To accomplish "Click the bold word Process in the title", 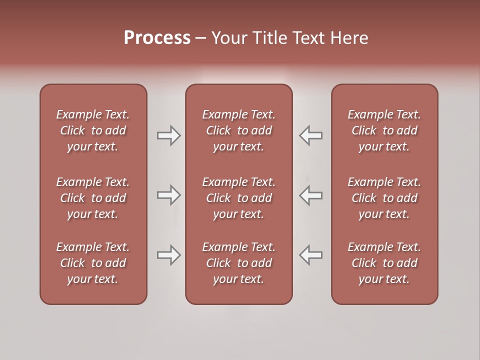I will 157,38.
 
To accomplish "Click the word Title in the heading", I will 269,38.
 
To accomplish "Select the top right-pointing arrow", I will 169,135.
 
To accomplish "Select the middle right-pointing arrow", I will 169,195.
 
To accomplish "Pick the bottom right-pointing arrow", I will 169,255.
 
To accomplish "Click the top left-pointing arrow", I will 311,135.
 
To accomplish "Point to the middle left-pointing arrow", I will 311,195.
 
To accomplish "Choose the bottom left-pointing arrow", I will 311,255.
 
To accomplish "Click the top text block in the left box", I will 93,130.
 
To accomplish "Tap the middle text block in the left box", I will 93,198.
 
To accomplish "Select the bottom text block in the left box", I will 93,263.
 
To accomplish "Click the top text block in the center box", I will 239,130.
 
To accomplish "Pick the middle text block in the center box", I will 239,198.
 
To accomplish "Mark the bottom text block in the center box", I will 239,263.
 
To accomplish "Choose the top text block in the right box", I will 384,130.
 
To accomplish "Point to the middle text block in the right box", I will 384,198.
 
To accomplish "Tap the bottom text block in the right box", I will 384,263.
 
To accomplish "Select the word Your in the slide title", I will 229,38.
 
